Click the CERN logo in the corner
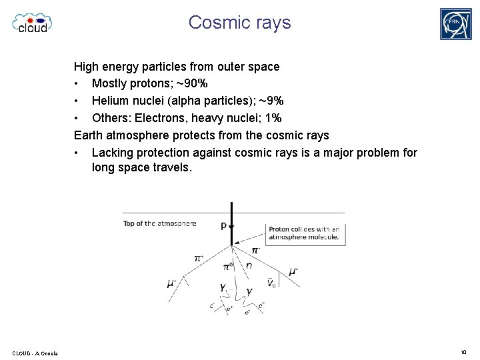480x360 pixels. [x=456, y=24]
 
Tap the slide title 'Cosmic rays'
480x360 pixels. [x=239, y=22]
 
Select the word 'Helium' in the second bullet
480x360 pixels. [x=110, y=101]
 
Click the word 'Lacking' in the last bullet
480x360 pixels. [x=111, y=153]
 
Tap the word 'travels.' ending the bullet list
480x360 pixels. [x=171, y=168]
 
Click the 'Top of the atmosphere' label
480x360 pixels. [x=159, y=223]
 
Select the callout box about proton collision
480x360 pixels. [x=305, y=233]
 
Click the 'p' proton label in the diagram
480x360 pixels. [x=223, y=225]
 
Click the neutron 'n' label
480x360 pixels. [x=249, y=265]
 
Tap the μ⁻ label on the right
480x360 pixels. [x=293, y=271]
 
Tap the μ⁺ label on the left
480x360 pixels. [x=171, y=283]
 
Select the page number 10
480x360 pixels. [x=463, y=352]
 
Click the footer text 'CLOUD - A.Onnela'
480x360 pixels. [x=35, y=353]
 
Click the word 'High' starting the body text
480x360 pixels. [x=85, y=67]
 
